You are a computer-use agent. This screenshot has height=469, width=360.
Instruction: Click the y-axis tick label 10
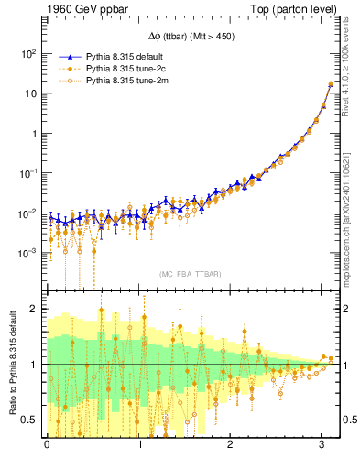click(x=32, y=93)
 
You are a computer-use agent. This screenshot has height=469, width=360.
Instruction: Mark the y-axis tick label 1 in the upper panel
click(x=35, y=133)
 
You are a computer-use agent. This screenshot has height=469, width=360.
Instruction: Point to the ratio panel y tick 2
click(x=35, y=309)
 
